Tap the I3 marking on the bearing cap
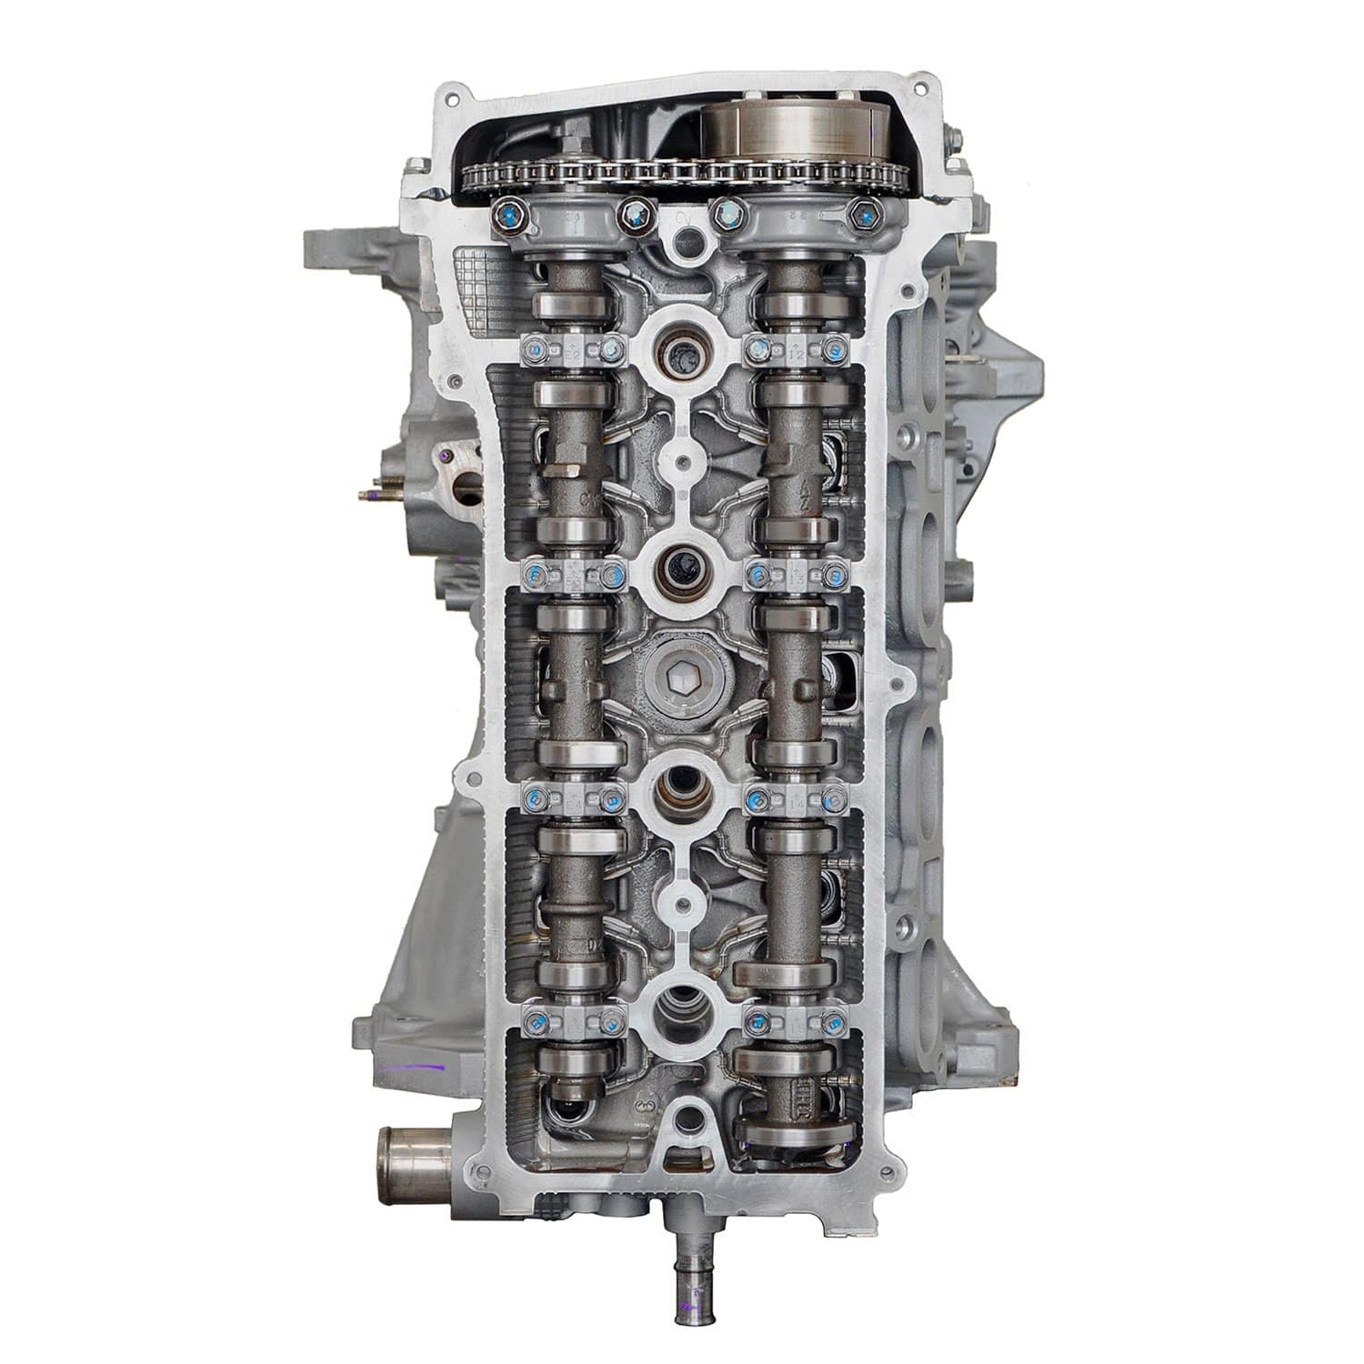click(794, 575)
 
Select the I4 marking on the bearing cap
click(794, 800)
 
